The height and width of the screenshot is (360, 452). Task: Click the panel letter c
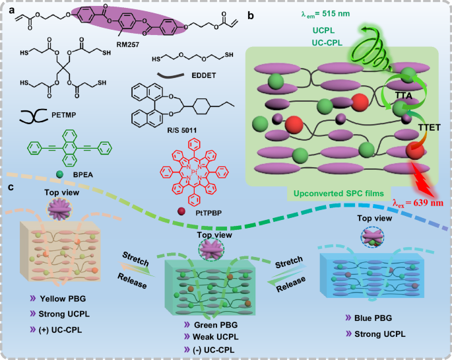tap(9, 187)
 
